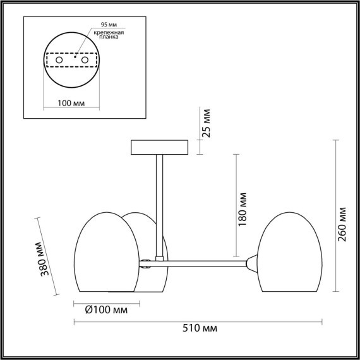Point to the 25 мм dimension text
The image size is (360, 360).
tap(206, 124)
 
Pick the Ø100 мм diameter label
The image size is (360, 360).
tap(106, 309)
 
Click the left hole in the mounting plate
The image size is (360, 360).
tap(59, 59)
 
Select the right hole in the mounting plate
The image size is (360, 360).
tap(83, 59)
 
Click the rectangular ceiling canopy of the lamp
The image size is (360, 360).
tap(160, 148)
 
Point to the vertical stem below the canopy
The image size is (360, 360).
tap(160, 202)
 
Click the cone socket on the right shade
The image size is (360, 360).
tap(252, 263)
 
